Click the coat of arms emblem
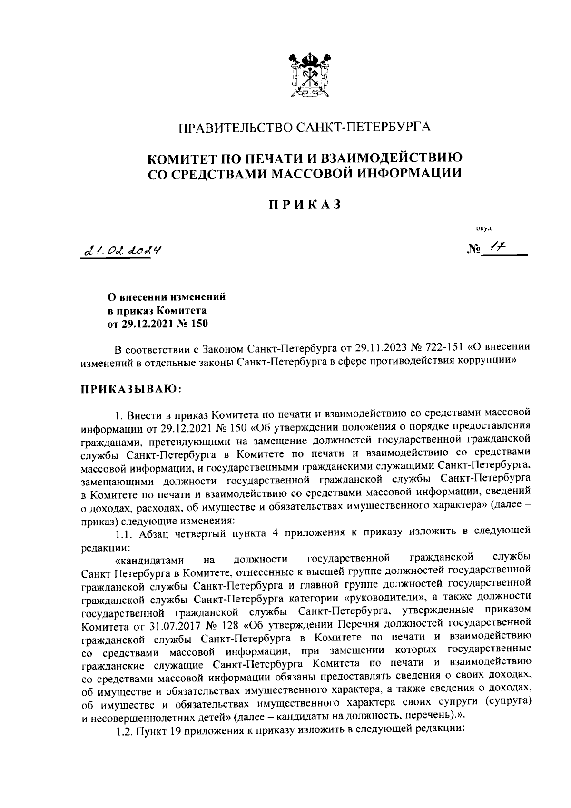coord(309,76)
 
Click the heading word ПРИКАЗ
coord(305,205)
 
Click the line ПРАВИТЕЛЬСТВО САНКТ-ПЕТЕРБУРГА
coord(305,128)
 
